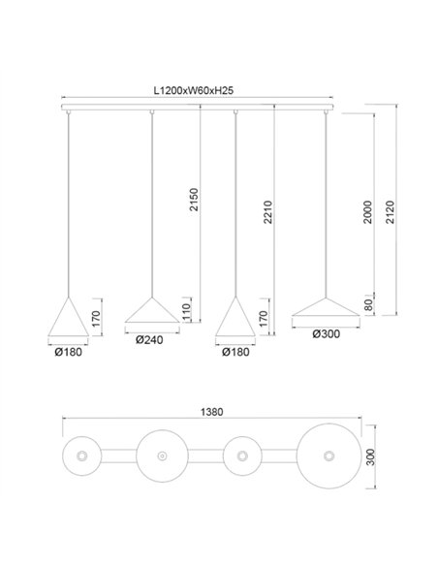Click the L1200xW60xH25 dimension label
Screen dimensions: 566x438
coord(197,89)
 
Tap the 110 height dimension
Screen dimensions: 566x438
coord(186,311)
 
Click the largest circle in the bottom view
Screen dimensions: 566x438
coord(328,456)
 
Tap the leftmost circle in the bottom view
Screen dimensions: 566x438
coord(81,456)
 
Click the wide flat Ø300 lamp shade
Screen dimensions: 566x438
coord(328,307)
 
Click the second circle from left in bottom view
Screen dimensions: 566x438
coord(159,456)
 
